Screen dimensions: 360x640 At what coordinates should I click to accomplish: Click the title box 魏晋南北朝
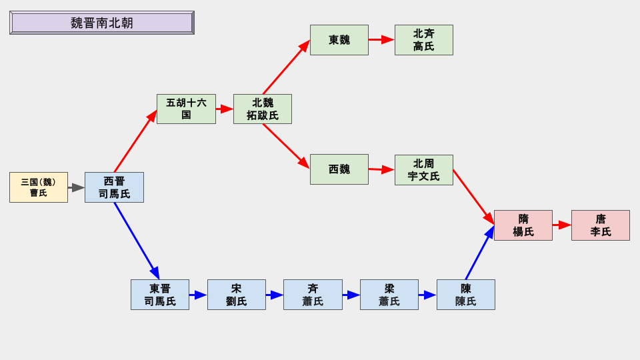(x=102, y=23)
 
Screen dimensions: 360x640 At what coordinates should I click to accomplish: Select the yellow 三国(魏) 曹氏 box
(x=39, y=187)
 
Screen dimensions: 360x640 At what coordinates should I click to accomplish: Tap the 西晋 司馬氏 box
(x=114, y=187)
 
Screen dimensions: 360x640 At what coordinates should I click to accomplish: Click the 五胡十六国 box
(x=186, y=109)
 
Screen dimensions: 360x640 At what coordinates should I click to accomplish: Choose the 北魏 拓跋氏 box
(x=263, y=109)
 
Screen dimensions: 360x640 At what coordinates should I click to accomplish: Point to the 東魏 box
(x=339, y=40)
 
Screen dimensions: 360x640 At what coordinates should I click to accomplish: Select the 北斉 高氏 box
(x=423, y=40)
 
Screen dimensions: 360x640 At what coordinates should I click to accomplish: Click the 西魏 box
(x=339, y=169)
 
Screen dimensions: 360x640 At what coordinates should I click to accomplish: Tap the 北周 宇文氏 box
(x=423, y=170)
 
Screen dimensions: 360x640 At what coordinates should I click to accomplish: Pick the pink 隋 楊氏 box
(x=523, y=225)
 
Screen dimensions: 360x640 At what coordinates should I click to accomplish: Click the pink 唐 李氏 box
(x=600, y=225)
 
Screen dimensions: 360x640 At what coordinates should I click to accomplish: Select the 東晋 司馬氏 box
(x=160, y=295)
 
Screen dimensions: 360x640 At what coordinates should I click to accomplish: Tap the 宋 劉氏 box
(x=237, y=295)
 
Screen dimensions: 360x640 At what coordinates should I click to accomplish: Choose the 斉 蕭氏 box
(x=313, y=295)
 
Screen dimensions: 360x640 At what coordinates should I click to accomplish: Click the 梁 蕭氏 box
(x=389, y=295)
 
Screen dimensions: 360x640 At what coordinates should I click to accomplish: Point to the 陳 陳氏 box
(x=465, y=295)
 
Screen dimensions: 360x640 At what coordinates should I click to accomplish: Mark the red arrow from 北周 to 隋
(x=473, y=196)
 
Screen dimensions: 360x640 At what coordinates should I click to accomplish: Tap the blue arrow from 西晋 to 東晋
(x=136, y=240)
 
